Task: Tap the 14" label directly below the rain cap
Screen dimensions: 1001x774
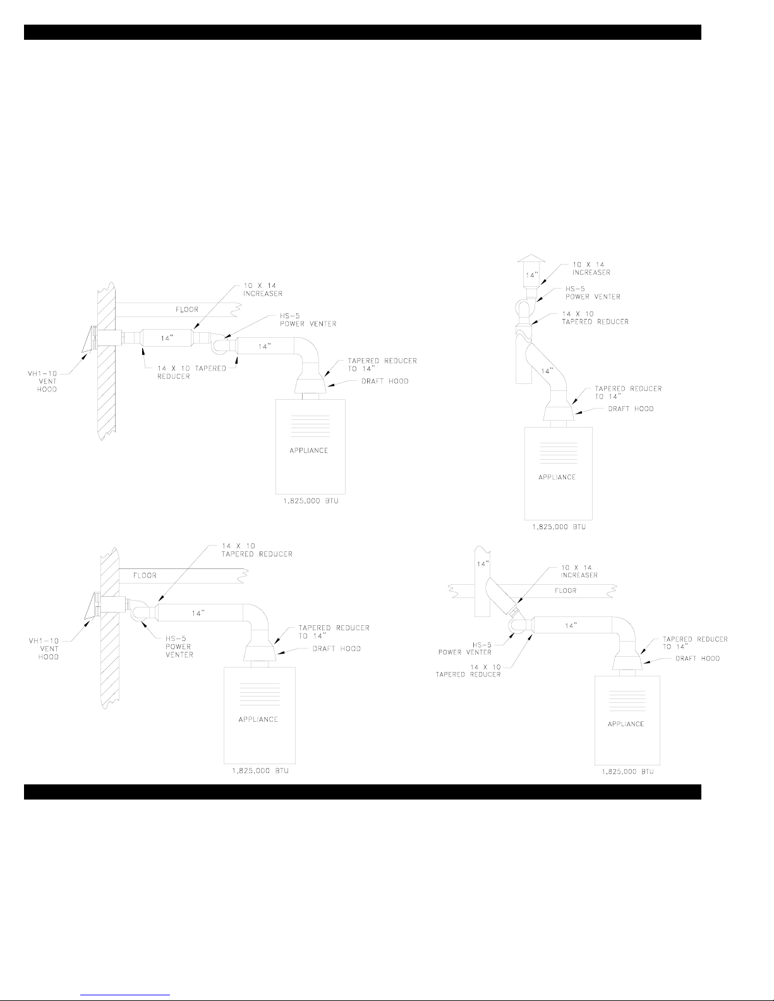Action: [527, 275]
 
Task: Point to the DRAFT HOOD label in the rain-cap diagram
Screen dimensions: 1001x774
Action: [631, 409]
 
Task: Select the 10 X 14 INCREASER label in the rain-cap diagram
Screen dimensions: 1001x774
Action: [591, 268]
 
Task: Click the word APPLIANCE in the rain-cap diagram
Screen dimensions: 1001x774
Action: [557, 477]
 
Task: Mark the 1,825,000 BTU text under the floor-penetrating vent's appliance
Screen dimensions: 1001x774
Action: [625, 772]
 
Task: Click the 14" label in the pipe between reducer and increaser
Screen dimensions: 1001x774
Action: [167, 338]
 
